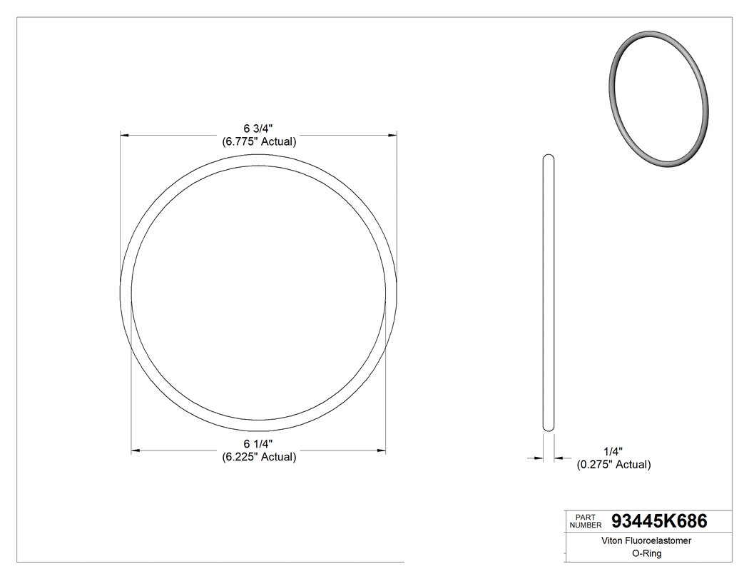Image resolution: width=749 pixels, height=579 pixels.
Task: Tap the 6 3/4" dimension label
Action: click(258, 129)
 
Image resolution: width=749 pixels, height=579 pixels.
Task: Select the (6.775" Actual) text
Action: click(259, 141)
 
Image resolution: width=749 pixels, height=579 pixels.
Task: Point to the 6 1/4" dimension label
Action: click(258, 444)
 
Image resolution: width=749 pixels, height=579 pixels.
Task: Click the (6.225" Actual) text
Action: click(259, 457)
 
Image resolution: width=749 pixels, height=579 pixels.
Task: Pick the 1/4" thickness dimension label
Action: click(613, 452)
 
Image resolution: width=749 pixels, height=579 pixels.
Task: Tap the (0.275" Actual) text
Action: click(613, 465)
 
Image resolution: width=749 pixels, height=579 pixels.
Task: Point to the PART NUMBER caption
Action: click(585, 521)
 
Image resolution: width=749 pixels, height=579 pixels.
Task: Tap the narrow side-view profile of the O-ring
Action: click(548, 293)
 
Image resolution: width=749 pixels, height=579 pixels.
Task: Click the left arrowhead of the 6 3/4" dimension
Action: click(124, 134)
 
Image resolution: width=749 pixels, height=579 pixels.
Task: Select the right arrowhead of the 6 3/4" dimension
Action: click(392, 134)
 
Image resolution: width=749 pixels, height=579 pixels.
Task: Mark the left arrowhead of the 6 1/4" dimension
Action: click(136, 450)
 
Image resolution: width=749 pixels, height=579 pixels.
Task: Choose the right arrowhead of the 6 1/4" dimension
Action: click(382, 450)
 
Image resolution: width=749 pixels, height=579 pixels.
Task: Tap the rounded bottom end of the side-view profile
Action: click(548, 428)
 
